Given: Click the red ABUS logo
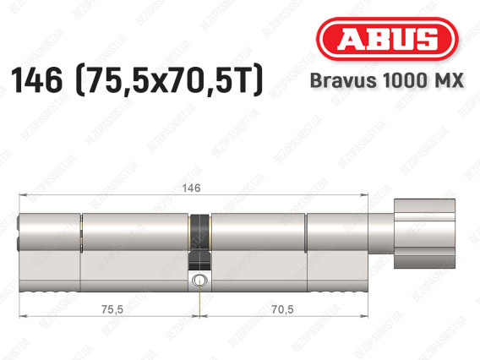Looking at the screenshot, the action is [x=387, y=39].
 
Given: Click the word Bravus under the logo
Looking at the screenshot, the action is [x=343, y=80].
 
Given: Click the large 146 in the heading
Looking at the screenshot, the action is [x=36, y=80].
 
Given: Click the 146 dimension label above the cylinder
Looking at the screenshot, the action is [x=191, y=188].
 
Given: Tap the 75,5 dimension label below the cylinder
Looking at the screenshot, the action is [x=112, y=309].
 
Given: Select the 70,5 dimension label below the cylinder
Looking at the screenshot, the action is [x=282, y=309].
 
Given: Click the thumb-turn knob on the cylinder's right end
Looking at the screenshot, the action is [x=424, y=233].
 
